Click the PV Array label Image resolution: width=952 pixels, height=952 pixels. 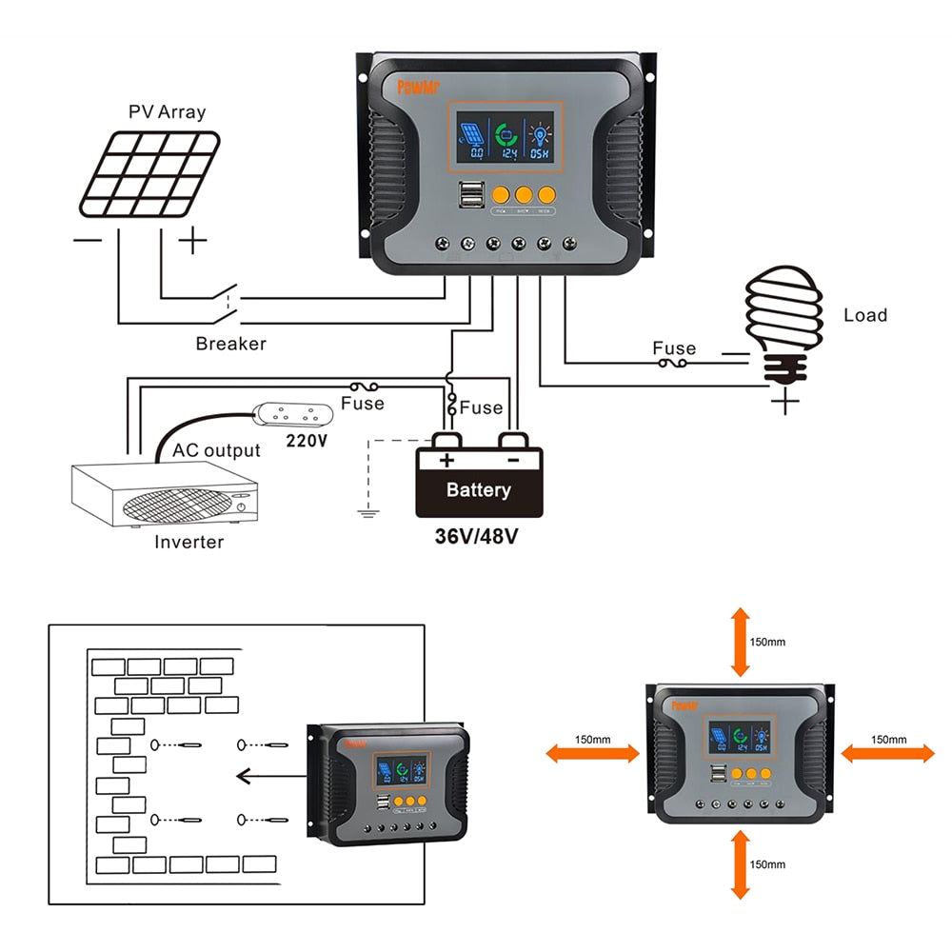(167, 111)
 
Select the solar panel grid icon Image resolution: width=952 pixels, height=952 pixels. (149, 173)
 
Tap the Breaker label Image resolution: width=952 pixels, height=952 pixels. (230, 344)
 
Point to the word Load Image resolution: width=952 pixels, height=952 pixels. (864, 315)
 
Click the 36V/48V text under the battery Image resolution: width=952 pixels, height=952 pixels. (476, 536)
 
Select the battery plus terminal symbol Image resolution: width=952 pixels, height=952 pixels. (446, 461)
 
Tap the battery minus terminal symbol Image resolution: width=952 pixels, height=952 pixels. (512, 461)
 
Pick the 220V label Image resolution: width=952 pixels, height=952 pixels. (307, 442)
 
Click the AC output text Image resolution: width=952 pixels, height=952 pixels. (216, 450)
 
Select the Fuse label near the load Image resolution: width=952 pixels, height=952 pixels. (674, 348)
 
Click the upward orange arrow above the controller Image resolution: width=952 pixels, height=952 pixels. (740, 643)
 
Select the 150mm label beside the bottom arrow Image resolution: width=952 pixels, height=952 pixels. (767, 864)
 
